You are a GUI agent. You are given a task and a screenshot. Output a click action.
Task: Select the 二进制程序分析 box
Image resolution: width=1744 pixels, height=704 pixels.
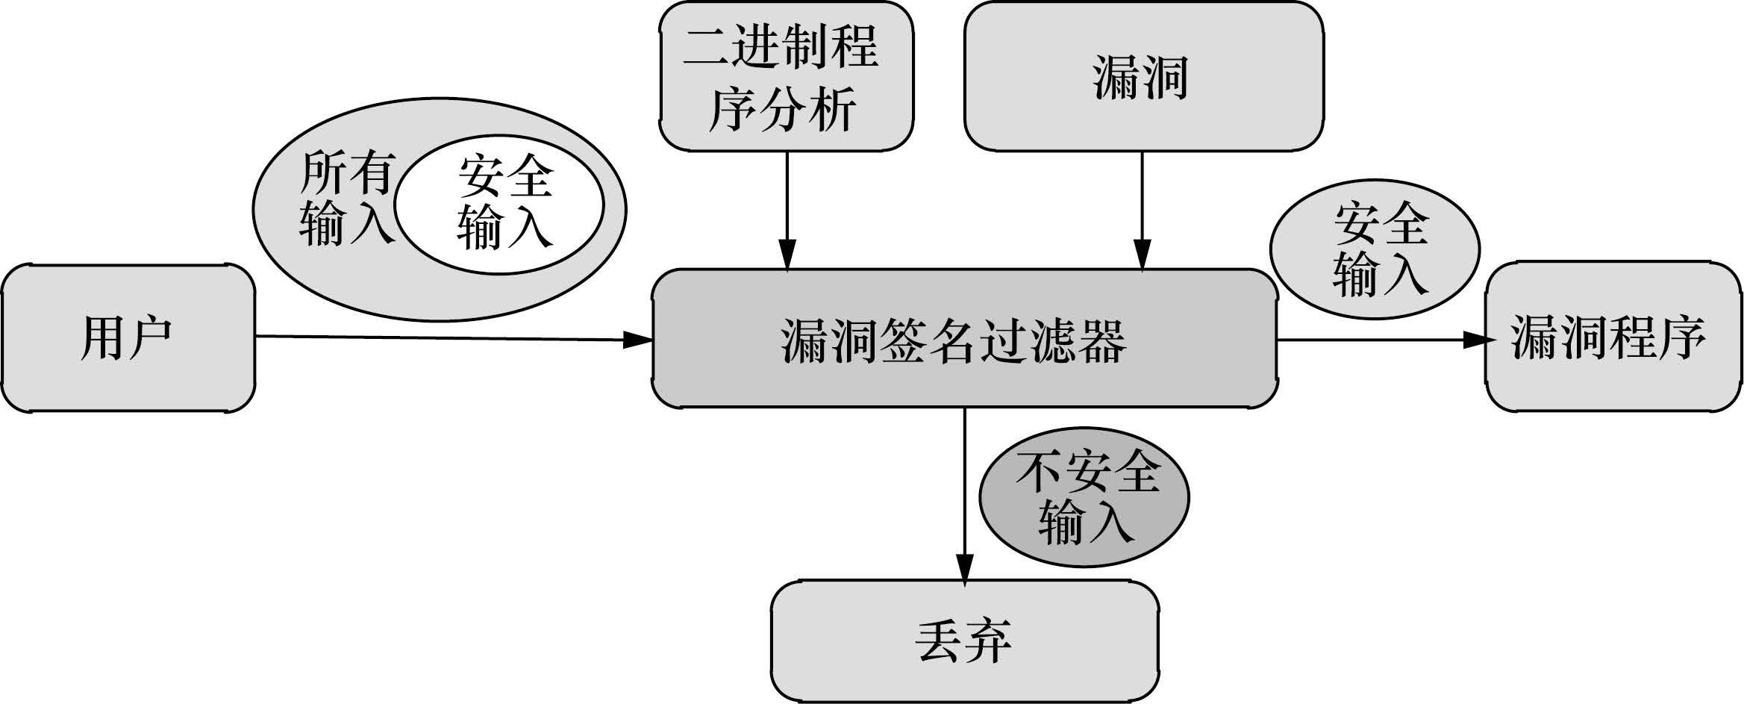click(786, 77)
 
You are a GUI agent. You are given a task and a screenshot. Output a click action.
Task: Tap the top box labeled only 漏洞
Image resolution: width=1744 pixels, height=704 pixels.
click(1143, 77)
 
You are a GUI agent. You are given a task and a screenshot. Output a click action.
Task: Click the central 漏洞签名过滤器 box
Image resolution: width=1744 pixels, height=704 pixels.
click(964, 340)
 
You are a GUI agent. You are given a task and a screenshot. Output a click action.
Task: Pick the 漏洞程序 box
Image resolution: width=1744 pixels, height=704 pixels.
click(1613, 337)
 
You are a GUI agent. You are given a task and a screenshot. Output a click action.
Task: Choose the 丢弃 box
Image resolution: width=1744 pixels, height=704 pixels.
click(964, 641)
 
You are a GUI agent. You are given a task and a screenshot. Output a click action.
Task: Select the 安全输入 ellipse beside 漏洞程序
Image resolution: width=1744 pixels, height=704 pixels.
click(1375, 249)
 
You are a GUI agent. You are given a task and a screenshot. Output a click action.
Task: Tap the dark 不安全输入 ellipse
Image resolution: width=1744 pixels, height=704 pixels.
click(1084, 497)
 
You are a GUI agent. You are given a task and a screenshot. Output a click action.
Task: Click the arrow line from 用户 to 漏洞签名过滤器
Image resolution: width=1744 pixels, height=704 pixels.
click(448, 338)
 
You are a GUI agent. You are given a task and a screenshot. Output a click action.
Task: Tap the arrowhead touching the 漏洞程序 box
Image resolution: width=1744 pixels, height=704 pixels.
click(1476, 340)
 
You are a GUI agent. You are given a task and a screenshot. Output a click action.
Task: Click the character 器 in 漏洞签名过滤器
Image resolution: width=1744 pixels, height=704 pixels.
click(1101, 341)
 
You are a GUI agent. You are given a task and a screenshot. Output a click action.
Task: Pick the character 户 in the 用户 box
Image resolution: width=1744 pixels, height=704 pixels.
click(149, 338)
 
